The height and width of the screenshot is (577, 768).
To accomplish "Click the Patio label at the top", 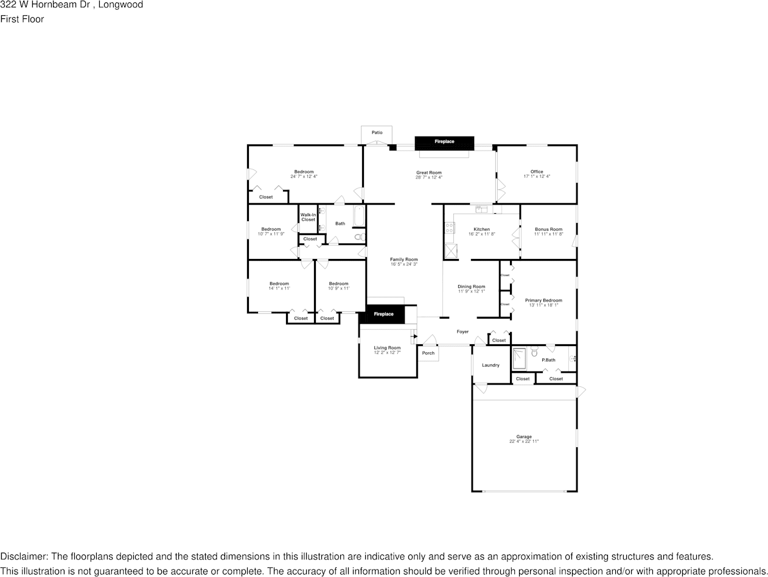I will click(377, 132).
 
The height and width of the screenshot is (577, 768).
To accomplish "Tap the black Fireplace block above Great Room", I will click(444, 142).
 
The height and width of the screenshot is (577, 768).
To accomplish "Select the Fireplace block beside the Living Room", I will click(383, 314).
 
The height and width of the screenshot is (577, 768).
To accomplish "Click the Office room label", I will click(536, 172).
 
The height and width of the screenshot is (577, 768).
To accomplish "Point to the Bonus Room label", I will click(548, 230).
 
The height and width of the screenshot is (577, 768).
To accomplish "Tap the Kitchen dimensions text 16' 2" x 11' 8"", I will click(481, 234).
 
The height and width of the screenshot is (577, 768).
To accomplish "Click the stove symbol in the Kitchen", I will click(450, 228).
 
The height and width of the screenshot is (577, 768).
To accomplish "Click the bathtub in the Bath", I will click(358, 216).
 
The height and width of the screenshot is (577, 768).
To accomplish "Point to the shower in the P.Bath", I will click(519, 359).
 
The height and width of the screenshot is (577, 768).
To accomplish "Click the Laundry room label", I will click(490, 365).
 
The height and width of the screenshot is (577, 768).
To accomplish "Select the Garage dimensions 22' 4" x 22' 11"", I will click(524, 441).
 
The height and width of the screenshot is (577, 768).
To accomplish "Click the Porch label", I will click(428, 353).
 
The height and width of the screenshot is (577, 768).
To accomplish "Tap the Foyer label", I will click(463, 332).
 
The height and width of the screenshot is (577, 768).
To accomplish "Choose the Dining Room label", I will click(471, 286).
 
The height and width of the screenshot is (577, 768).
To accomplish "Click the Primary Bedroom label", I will click(543, 300).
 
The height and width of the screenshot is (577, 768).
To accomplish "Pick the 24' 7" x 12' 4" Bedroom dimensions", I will click(304, 176).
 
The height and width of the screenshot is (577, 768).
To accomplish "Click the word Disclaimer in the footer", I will click(23, 556).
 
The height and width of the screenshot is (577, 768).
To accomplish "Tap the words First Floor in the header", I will click(22, 19).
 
